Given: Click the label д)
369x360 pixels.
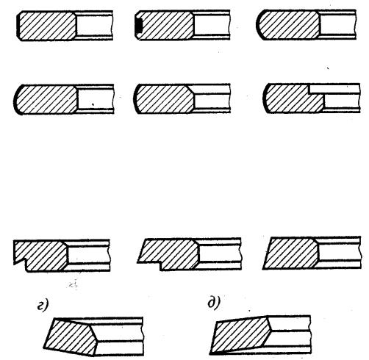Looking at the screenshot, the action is (214, 303).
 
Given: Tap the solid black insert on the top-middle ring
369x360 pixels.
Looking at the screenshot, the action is (139, 26).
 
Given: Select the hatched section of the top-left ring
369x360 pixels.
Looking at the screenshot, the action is (47, 26).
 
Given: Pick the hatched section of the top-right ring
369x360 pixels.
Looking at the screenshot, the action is (288, 25).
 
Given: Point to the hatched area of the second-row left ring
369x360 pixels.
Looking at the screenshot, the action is (46, 99).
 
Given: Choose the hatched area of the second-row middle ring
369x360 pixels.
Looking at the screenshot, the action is (165, 98).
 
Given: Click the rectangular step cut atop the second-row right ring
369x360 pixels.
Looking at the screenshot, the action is (316, 89).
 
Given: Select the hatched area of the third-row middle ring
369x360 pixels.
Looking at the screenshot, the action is (169, 254).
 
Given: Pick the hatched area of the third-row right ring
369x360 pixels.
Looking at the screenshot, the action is (292, 253).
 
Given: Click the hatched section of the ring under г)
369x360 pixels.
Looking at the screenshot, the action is (71, 336).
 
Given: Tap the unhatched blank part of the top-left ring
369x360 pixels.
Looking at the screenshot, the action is (94, 26).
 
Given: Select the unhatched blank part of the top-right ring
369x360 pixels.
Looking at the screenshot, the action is (337, 24).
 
